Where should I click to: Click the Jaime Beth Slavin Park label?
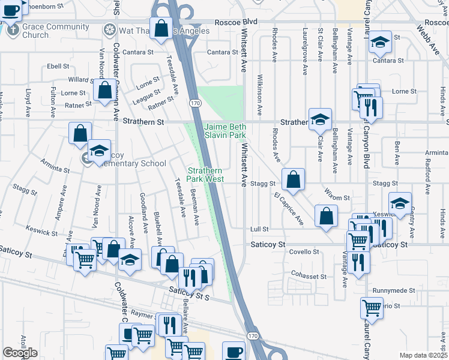click(225, 131)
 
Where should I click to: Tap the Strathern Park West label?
click(205, 175)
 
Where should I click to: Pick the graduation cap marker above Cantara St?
click(380, 42)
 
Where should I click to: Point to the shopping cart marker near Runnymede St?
click(372, 308)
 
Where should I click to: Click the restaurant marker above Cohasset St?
click(358, 262)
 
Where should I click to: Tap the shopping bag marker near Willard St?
click(104, 91)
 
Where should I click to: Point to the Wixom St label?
click(339, 197)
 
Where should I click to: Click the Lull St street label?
click(260, 229)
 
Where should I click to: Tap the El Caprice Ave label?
click(289, 209)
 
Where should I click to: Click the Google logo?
click(20, 353)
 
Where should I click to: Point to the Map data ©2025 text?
click(423, 355)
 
